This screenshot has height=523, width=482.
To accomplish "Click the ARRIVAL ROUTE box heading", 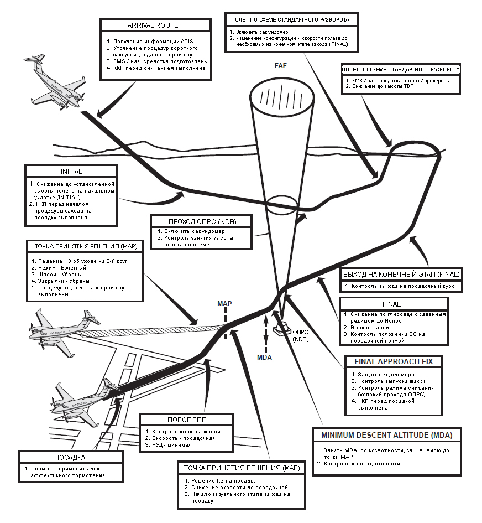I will pyautogui.click(x=153, y=25).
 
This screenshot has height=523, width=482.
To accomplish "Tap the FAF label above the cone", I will pyautogui.click(x=281, y=65).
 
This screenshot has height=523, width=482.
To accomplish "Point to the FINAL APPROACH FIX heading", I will pyautogui.click(x=394, y=362).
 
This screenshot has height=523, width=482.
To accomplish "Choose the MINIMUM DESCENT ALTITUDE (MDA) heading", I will pyautogui.click(x=387, y=436).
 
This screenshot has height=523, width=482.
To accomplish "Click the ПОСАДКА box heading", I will pyautogui.click(x=69, y=458).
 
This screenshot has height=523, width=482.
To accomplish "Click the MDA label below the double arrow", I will pyautogui.click(x=266, y=357).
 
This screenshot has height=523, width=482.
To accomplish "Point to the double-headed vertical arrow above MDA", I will pyautogui.click(x=266, y=331).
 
